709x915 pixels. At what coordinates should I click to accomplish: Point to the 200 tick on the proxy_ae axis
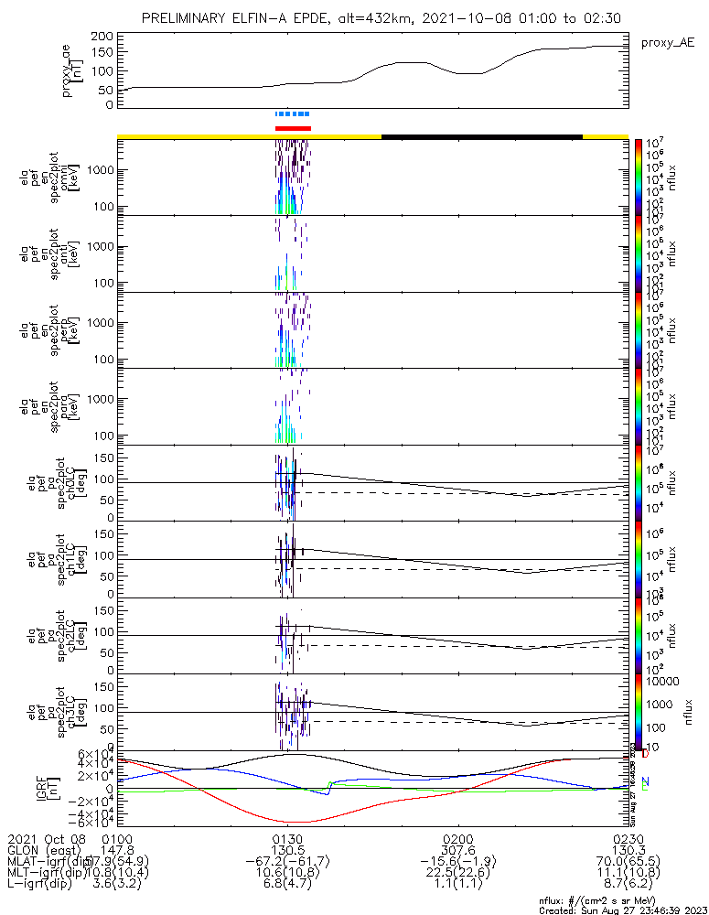(x=102, y=36)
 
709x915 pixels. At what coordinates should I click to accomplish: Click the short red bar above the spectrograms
(x=293, y=128)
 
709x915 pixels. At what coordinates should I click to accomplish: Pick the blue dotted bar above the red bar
(x=293, y=114)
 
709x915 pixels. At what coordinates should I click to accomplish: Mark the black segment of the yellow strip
(x=481, y=136)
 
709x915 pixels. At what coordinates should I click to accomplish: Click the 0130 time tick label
(x=287, y=838)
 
